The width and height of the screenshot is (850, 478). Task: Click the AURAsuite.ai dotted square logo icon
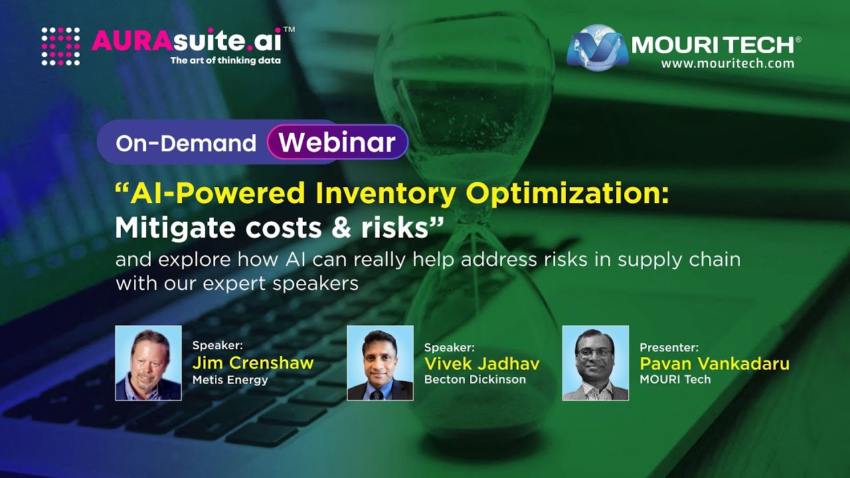60,46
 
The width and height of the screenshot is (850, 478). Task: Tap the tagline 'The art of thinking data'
225,60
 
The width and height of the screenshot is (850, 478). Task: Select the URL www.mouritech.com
727,64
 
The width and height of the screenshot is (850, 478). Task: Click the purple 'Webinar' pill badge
337,142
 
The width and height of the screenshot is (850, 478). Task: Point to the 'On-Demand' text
186,143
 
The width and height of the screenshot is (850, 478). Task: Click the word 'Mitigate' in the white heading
175,228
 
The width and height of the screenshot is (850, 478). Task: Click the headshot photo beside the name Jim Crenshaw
148,363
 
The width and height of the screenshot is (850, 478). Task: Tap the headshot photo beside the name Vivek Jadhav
380,363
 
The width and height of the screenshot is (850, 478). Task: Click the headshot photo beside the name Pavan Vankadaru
595,363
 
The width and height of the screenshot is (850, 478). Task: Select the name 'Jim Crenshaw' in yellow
252,363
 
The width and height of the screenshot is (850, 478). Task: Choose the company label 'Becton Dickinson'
475,380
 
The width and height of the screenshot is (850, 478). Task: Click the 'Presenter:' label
669,347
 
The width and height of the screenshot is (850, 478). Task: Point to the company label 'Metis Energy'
230,380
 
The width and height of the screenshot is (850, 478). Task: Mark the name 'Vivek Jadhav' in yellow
481,363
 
